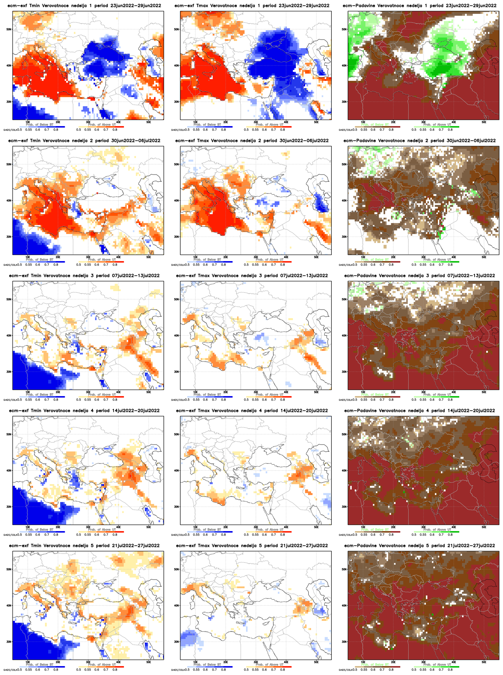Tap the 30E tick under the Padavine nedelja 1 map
(x=424, y=122)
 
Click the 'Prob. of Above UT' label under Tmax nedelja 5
(x=269, y=665)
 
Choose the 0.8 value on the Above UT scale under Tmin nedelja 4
(x=115, y=535)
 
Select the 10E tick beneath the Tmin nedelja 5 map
(x=28, y=662)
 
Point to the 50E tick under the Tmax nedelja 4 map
(x=316, y=527)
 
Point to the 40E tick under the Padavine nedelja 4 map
(x=454, y=527)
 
